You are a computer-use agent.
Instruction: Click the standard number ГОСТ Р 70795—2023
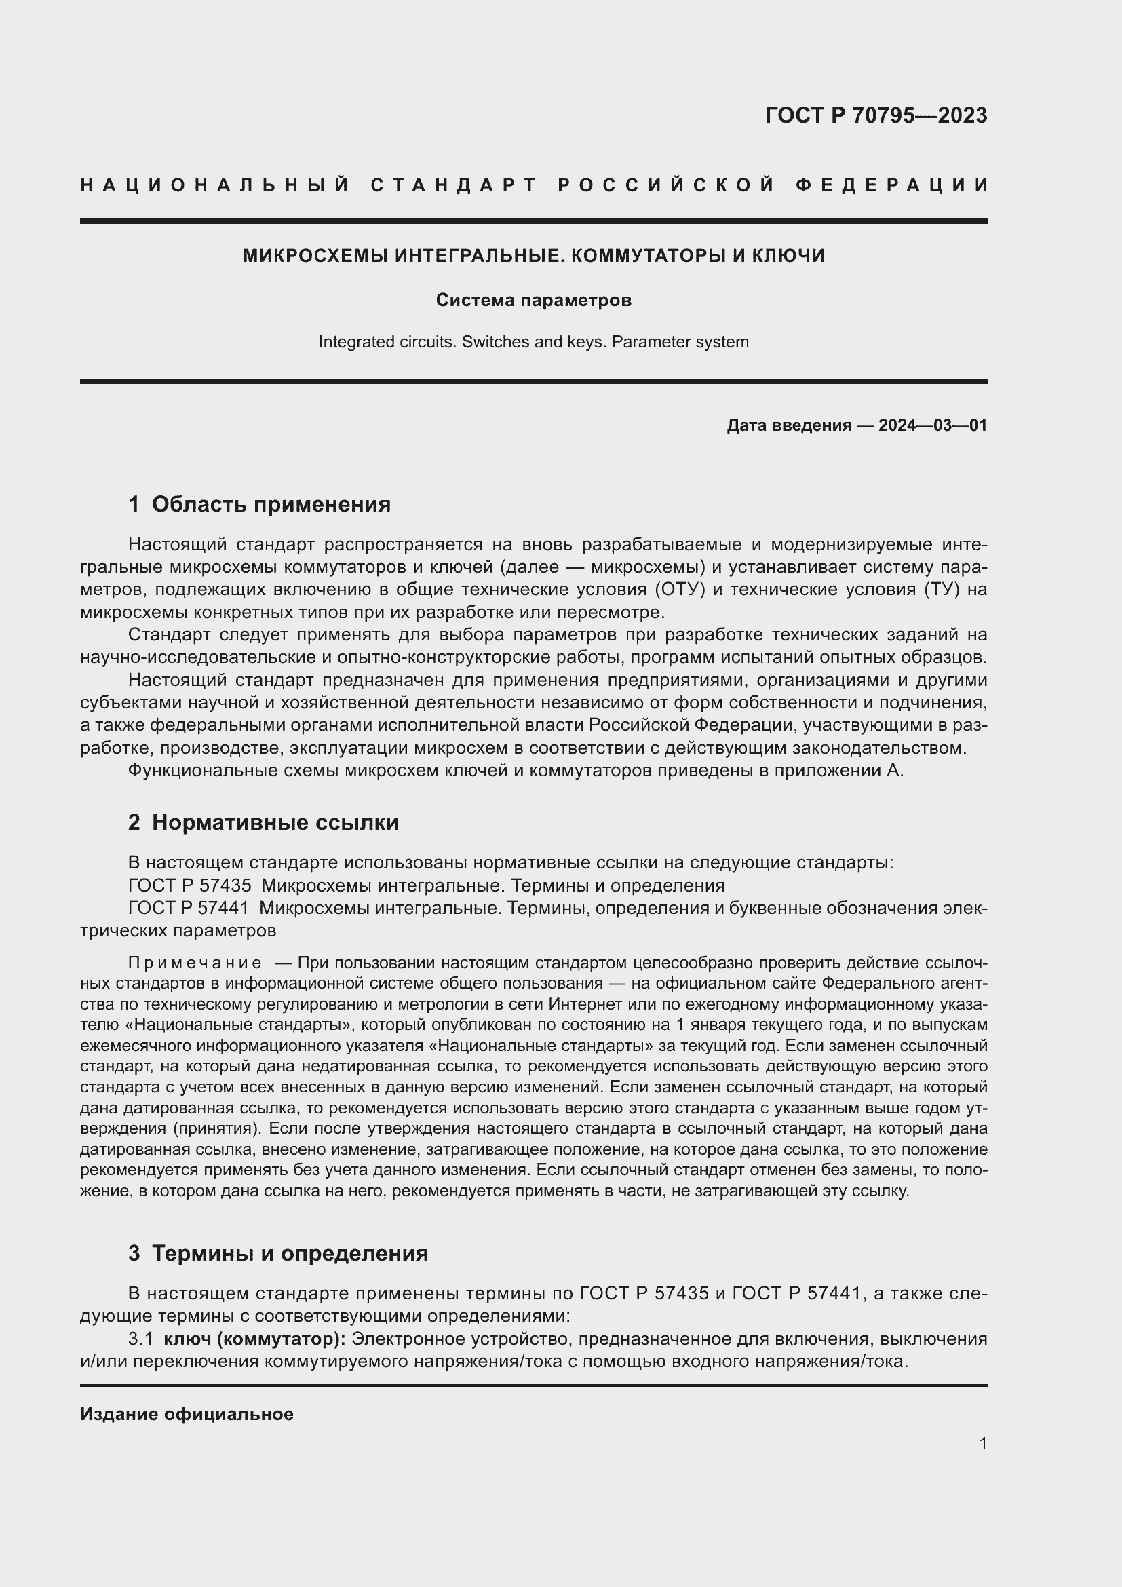[x=875, y=115]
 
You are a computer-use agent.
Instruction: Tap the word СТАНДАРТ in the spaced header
[x=453, y=185]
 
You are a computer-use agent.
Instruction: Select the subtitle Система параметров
[x=533, y=300]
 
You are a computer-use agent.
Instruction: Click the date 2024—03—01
[x=933, y=425]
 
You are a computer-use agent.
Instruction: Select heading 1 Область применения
[x=259, y=504]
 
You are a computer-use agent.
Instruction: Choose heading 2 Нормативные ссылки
[x=263, y=822]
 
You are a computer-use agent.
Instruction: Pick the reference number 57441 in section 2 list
[x=223, y=908]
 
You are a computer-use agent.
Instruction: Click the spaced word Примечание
[x=195, y=963]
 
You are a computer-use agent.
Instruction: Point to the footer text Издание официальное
[x=187, y=1414]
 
